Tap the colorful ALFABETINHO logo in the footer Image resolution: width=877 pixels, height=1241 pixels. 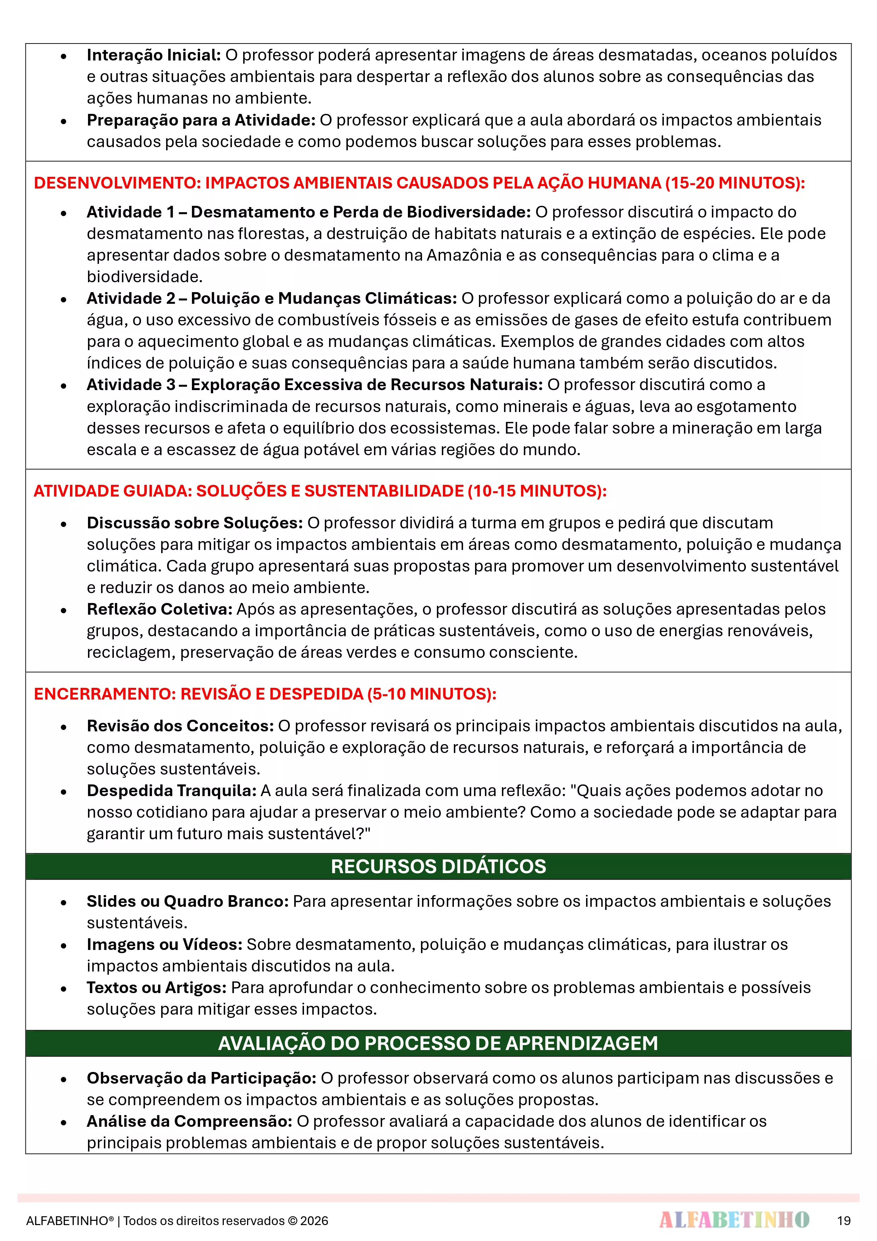pos(734,1220)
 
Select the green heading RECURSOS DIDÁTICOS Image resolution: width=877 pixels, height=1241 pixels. pos(438,866)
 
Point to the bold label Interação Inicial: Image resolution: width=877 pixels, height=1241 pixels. pos(153,55)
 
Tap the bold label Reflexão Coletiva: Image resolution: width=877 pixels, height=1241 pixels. pos(159,609)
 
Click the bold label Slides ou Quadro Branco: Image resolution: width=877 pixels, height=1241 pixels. pos(187,901)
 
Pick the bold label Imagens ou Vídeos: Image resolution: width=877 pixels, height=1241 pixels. pos(164,945)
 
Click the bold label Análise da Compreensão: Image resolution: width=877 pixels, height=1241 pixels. pos(189,1121)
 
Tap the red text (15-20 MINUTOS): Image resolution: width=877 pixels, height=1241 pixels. pos(735,183)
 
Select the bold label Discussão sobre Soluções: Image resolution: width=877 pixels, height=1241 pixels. pos(194,523)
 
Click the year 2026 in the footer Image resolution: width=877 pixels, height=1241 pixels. pos(315,1221)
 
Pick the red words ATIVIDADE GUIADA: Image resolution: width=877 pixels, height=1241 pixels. pos(113,491)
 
